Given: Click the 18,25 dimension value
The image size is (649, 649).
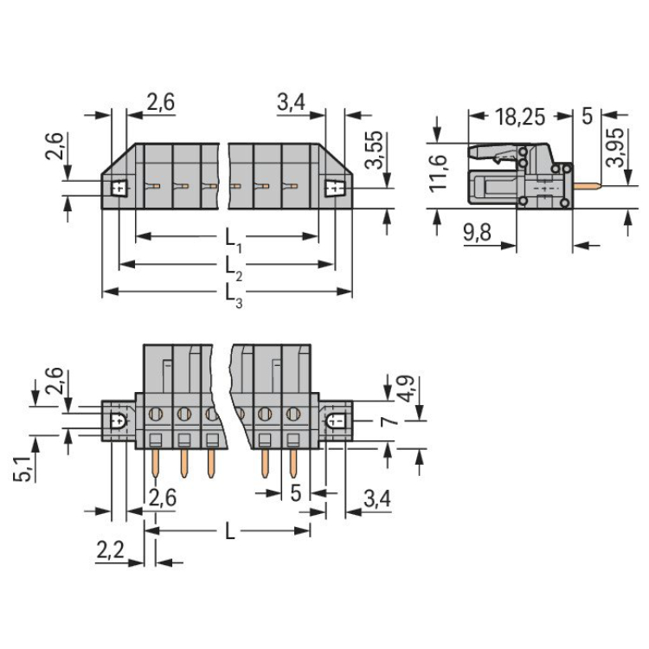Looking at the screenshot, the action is tap(520, 117).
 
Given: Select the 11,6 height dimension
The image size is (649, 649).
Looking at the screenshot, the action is tap(438, 173).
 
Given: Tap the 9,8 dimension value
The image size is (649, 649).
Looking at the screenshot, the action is tap(477, 232).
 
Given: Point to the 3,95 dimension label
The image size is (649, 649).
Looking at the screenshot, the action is tap(614, 147).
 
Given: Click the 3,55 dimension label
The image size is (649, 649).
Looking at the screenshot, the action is tap(374, 150).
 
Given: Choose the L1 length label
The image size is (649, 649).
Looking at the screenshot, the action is tap(233, 241).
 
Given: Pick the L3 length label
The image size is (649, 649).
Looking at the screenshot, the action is tap(234, 296).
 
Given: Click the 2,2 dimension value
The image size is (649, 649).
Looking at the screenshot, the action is tap(110, 550).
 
